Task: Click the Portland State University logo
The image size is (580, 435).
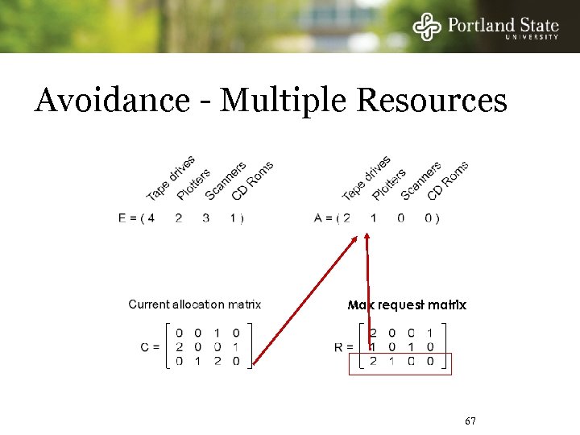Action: click(x=486, y=26)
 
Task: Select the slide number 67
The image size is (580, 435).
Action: click(x=471, y=422)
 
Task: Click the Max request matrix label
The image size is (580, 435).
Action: click(x=407, y=305)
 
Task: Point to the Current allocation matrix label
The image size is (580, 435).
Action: click(x=195, y=304)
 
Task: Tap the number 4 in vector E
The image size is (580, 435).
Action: click(x=151, y=217)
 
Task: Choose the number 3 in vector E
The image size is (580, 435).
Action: click(x=205, y=217)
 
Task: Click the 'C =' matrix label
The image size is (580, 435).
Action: click(x=151, y=346)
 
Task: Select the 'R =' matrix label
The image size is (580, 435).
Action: click(x=344, y=346)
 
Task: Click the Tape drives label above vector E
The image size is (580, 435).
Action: click(x=170, y=179)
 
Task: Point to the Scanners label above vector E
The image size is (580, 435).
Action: click(x=226, y=181)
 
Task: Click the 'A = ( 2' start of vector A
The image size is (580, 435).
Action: click(x=332, y=217)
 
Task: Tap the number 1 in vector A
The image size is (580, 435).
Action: click(x=373, y=217)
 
